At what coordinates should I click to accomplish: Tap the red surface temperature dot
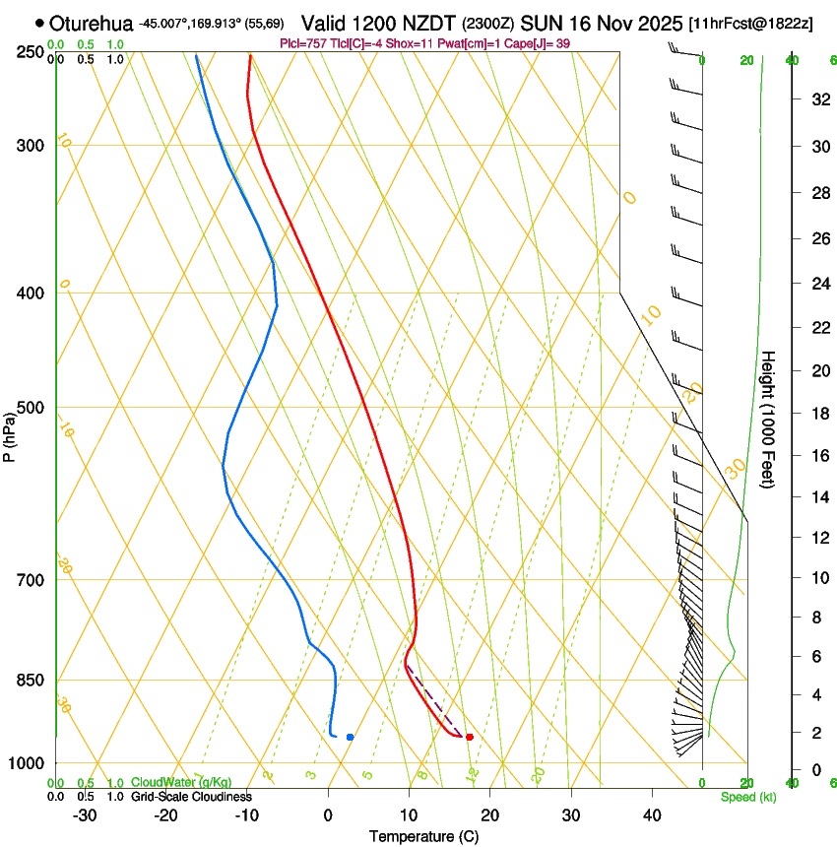[x=470, y=737]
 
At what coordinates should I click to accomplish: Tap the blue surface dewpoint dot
[x=350, y=737]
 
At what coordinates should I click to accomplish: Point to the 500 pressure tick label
[x=32, y=408]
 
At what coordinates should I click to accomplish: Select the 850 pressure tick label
[x=32, y=681]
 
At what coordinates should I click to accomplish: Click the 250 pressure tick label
[x=32, y=51]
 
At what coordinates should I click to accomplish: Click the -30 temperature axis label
[x=85, y=814]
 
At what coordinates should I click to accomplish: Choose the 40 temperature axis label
[x=651, y=814]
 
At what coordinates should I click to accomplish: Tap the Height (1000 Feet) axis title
[x=768, y=419]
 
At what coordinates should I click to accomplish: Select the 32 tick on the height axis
[x=818, y=99]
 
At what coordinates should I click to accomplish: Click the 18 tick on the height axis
[x=818, y=414]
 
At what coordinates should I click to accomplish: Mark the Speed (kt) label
[x=747, y=797]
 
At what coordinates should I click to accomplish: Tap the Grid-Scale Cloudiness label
[x=191, y=797]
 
